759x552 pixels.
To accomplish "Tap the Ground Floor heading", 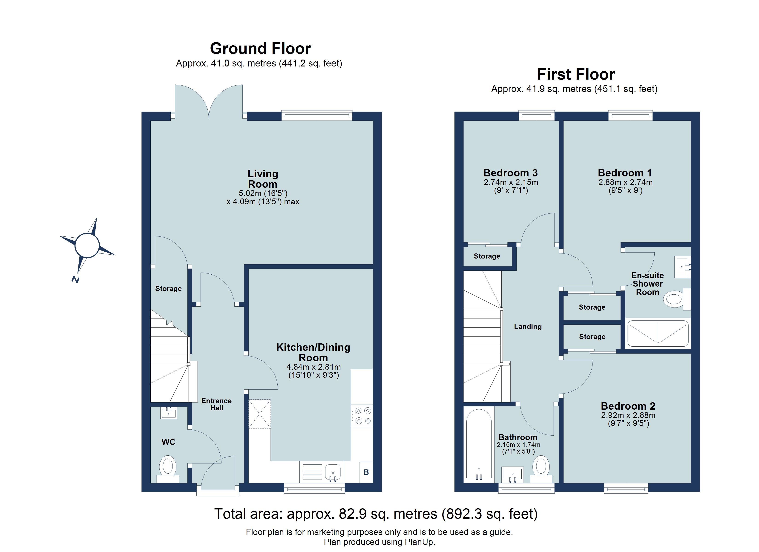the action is pos(260,49).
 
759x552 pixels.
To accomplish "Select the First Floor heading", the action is pos(576,74).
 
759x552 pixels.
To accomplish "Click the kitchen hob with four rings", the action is pos(362,415).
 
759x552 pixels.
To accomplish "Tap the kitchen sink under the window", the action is pos(333,473).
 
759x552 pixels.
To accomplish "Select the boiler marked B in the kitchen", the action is pos(366,472).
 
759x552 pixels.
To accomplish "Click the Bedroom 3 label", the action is pos(510,173).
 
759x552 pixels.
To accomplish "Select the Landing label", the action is pos(528,326).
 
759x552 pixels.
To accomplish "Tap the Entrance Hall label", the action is pos(216,404).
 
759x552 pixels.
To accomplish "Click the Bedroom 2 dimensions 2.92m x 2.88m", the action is pos(628,415).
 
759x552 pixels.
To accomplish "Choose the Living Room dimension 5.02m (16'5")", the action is pos(263,193).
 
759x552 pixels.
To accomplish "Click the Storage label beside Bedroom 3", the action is pos(487,256).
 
